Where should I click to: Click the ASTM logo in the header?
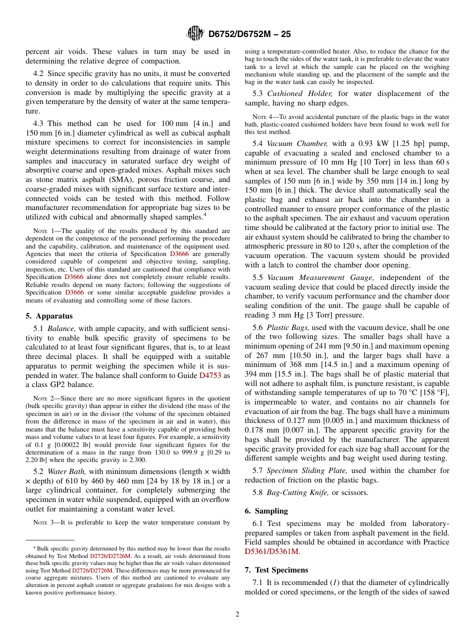coord(195,33)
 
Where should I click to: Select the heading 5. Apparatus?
coord(49,316)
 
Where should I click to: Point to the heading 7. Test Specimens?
coord(276,569)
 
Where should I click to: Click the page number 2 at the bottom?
coord(237,614)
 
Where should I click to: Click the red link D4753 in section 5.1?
coord(210,375)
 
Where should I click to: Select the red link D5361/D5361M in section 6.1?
coord(271,551)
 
